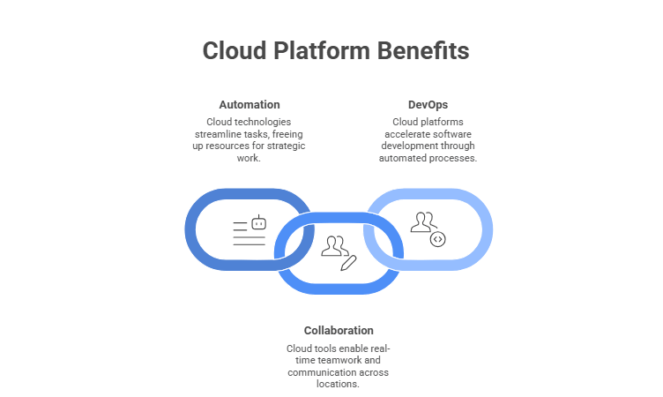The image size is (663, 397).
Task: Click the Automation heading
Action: point(250,104)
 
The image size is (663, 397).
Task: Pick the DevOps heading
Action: point(428,104)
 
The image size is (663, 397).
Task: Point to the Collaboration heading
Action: point(338,330)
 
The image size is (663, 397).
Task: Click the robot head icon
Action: point(258,223)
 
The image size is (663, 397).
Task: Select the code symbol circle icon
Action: point(437,239)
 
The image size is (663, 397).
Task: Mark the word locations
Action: point(338,384)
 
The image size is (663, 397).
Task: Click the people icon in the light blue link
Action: point(422,221)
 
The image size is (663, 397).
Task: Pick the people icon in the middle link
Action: point(332,246)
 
